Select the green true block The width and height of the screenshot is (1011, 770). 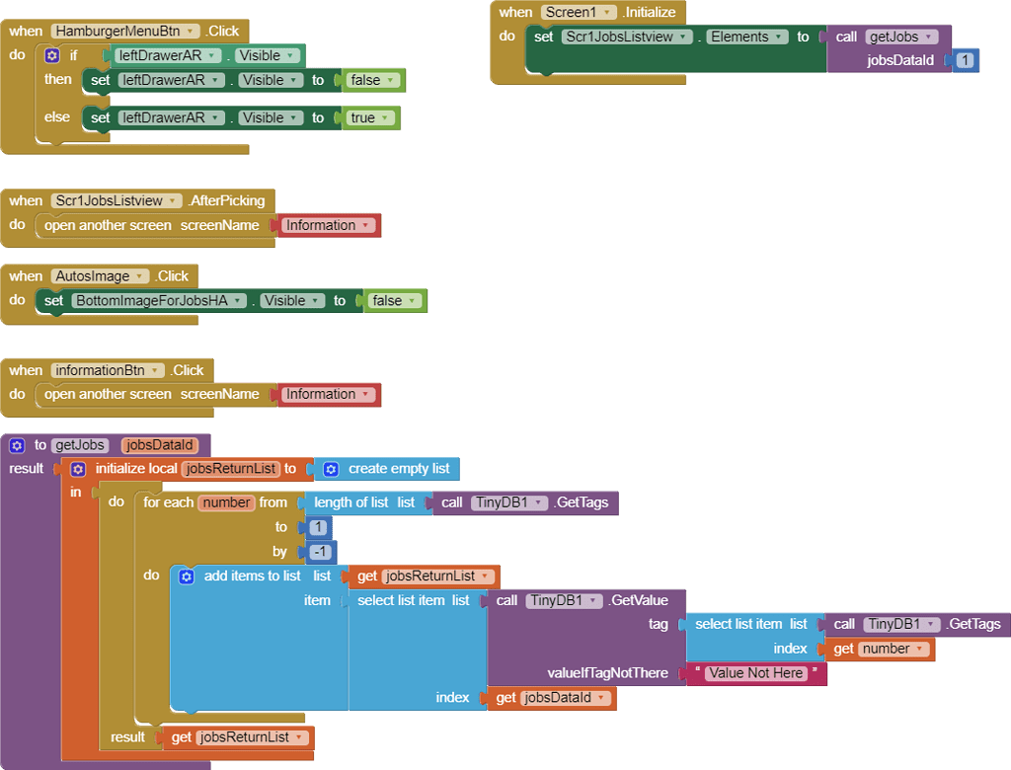371,117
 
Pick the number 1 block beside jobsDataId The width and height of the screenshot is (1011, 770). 965,60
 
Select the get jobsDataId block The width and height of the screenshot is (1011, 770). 551,698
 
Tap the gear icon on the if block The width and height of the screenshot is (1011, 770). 52,55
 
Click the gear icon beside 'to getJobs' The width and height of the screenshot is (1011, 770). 17,445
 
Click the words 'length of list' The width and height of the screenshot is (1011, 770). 351,502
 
